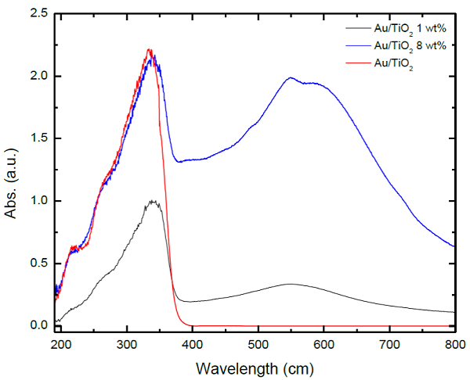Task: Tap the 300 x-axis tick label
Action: point(127,343)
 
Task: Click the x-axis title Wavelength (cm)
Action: point(256,367)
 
